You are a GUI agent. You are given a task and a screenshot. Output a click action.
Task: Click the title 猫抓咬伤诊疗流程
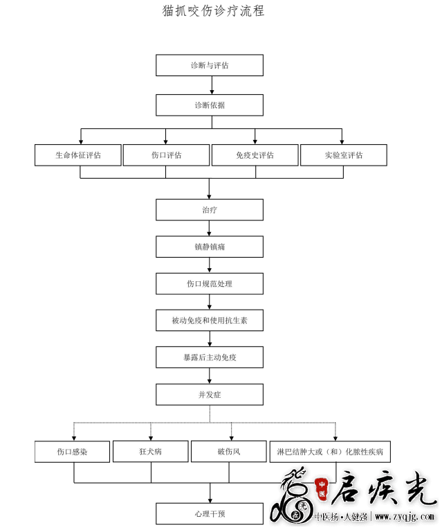tap(213, 11)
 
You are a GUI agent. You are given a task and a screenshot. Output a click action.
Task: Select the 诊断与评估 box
tap(210, 65)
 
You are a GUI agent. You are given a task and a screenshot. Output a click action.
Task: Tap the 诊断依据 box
tap(210, 105)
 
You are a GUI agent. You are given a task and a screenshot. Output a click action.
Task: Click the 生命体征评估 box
tap(78, 155)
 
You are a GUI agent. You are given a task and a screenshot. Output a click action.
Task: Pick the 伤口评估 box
tap(166, 155)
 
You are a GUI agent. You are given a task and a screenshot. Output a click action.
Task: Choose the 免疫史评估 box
tap(255, 155)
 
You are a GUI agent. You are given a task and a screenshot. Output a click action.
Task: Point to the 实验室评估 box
tap(344, 155)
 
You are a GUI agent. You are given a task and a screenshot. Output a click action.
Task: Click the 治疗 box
tap(210, 210)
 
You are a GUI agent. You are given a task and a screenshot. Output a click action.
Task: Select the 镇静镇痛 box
tap(210, 247)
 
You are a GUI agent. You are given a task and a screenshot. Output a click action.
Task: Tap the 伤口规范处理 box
tap(210, 283)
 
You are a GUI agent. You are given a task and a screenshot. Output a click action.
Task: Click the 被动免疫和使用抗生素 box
tap(210, 320)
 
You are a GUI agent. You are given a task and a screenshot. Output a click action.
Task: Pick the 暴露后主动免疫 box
tap(210, 357)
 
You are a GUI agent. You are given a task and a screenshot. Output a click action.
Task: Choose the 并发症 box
tap(210, 394)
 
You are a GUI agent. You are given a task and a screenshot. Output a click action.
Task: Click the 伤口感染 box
tap(72, 452)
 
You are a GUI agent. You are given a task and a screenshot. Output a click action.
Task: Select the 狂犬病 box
tap(151, 452)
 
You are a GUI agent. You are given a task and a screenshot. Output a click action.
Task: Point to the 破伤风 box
tap(229, 452)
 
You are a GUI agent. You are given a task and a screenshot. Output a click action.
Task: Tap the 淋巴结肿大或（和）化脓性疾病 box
tap(330, 452)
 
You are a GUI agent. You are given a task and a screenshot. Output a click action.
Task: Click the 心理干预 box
tap(210, 514)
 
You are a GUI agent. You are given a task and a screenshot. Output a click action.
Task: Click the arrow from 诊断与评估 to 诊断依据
tap(212, 85)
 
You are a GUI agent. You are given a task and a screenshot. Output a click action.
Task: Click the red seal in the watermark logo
tap(322, 489)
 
